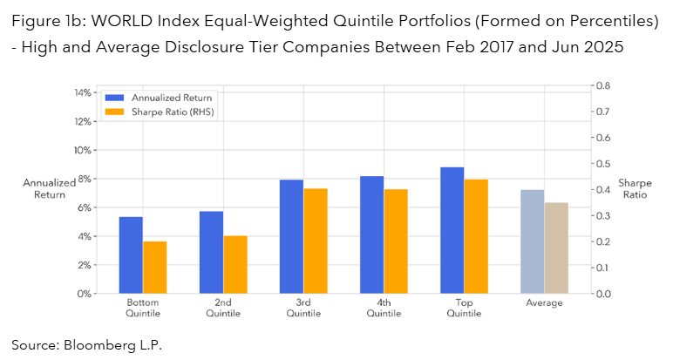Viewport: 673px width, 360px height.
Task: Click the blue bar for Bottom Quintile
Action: tap(131, 255)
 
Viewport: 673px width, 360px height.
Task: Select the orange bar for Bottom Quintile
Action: tap(154, 267)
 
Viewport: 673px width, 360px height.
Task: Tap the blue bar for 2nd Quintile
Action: tap(211, 252)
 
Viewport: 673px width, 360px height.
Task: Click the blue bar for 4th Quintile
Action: tap(372, 234)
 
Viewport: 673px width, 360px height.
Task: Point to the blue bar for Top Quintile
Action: tap(452, 230)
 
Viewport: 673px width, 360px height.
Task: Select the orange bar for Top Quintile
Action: tap(476, 236)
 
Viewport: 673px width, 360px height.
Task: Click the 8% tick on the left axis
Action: tap(83, 179)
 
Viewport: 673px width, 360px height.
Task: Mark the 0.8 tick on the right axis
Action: tap(602, 85)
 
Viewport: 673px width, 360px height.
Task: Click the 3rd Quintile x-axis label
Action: tap(303, 308)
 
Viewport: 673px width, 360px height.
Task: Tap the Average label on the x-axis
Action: tap(545, 303)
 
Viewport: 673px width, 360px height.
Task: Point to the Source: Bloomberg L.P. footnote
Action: tap(87, 344)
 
